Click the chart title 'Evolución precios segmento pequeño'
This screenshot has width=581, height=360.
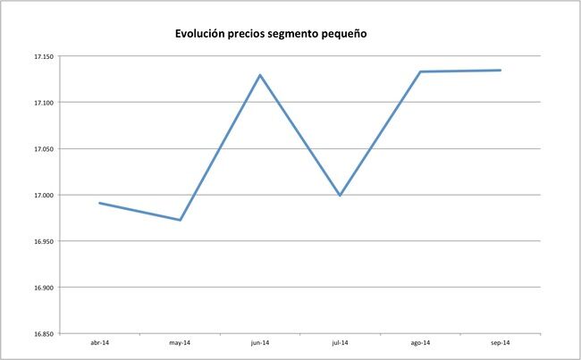[x=270, y=35]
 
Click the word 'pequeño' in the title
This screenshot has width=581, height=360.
[x=339, y=35]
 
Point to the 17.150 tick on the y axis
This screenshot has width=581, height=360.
[x=43, y=56]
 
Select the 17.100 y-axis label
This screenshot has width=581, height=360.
[x=43, y=103]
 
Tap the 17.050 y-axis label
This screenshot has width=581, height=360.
[x=43, y=149]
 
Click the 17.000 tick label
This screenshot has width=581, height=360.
[x=43, y=195]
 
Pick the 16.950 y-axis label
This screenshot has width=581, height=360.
[x=43, y=241]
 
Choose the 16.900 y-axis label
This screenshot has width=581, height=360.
[x=43, y=288]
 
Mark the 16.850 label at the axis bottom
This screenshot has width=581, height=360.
[x=43, y=334]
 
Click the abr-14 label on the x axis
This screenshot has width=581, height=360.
[x=100, y=343]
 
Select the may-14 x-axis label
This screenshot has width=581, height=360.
[x=180, y=343]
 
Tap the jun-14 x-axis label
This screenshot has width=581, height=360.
[x=260, y=343]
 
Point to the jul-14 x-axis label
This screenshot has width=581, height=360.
[x=340, y=343]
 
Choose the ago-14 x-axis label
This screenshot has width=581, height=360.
[x=420, y=343]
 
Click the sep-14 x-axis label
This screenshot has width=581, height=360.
[x=500, y=343]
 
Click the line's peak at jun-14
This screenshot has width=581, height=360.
[x=260, y=75]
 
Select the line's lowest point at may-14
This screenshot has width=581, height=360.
[x=180, y=220]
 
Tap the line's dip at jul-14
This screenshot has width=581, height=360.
[x=340, y=196]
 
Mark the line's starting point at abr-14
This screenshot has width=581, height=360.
[x=99, y=203]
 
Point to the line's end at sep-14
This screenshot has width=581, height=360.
[x=501, y=71]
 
